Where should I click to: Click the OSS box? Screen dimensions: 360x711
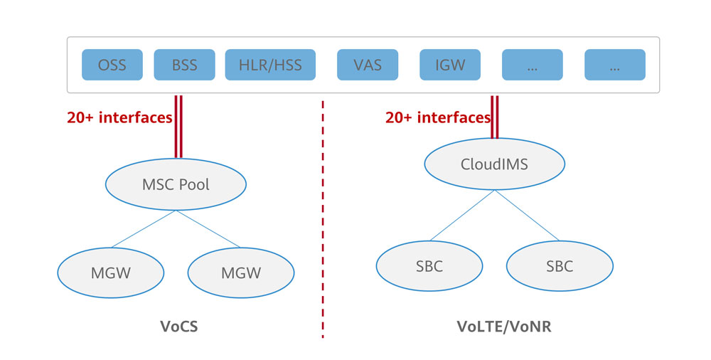112,65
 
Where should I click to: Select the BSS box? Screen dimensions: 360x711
184,65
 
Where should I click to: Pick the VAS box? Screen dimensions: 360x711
368,65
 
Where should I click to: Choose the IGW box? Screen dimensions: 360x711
450,65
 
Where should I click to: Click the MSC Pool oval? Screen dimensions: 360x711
176,185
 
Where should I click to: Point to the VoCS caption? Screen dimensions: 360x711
179,327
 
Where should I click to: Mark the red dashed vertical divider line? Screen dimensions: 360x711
323,213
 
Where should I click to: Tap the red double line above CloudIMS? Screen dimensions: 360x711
494,117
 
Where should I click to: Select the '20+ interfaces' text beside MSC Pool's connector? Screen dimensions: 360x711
119,117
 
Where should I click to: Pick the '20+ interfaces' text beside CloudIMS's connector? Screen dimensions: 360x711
437,117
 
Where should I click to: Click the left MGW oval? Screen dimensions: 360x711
111,272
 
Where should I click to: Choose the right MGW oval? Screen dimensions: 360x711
241,272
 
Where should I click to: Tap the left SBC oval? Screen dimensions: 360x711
429,267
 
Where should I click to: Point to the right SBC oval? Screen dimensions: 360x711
560,267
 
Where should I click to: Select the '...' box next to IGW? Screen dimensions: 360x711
533,65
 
